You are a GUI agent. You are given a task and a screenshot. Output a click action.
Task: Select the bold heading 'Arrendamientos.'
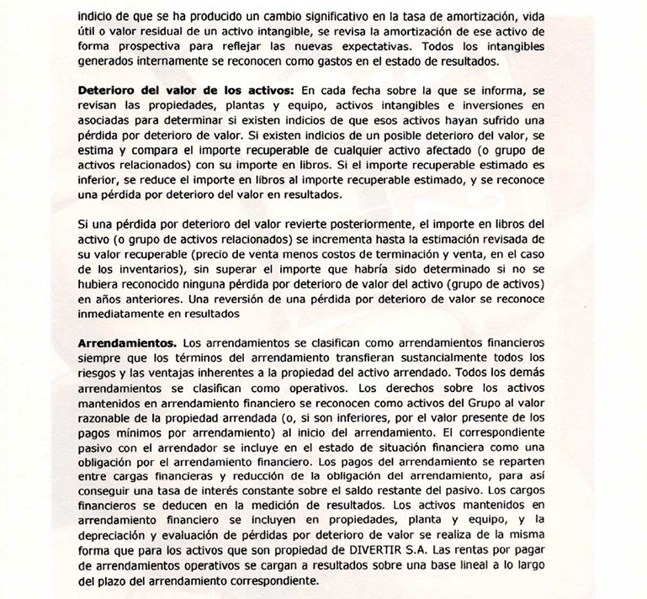click(126, 343)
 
